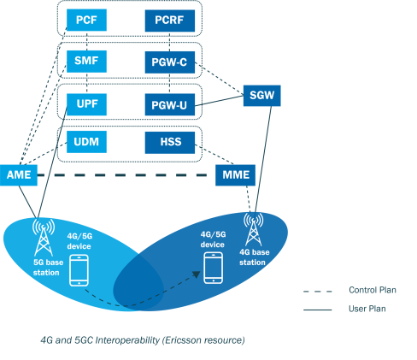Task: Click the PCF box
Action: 86,20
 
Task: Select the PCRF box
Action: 170,21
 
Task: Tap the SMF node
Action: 86,62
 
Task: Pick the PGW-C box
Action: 170,62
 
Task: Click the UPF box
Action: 86,104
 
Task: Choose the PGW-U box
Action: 170,104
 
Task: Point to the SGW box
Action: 262,96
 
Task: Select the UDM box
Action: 86,142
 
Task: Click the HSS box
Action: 170,143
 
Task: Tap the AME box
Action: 19,175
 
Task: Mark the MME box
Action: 235,175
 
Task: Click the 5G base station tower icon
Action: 44,238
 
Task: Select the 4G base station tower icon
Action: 253,229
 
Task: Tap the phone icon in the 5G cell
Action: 79,270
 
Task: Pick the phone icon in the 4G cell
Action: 214,268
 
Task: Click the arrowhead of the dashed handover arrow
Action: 196,274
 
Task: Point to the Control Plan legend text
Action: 373,290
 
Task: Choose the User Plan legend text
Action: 367,309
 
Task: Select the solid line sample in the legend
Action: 318,310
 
